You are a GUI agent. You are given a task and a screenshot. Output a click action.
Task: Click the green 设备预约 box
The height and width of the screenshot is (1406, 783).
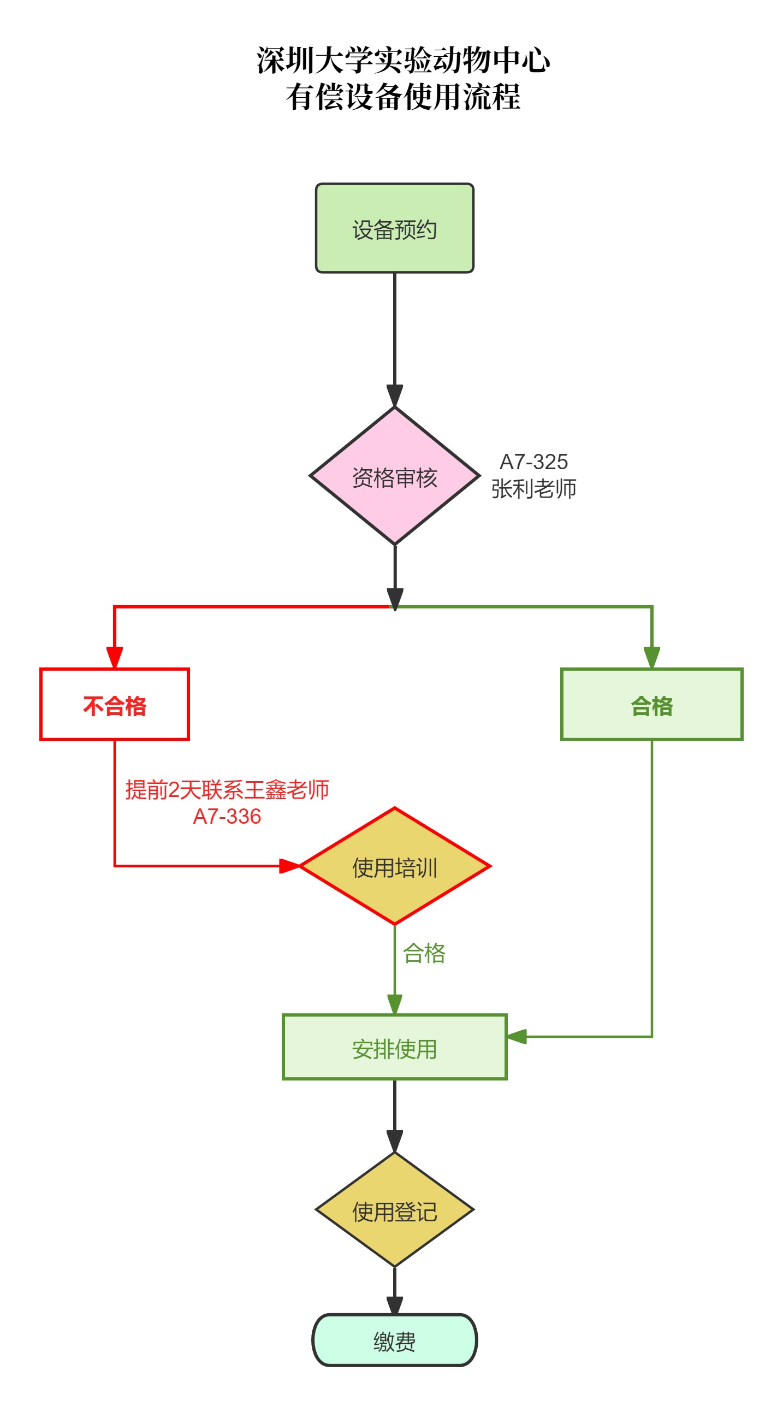coord(394,228)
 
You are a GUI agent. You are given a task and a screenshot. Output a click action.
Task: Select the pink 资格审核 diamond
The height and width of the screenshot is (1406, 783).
coord(394,476)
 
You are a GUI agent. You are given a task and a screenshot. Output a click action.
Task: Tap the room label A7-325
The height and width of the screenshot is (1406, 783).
coord(533,462)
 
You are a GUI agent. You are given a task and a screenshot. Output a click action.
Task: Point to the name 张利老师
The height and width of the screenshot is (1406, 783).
coord(533,489)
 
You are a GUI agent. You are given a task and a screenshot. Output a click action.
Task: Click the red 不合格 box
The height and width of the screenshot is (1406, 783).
coord(115,705)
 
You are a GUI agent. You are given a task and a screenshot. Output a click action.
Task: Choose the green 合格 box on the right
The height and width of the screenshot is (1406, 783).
coord(651,705)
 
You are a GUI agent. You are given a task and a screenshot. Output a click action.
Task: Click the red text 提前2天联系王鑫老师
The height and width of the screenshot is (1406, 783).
coord(227,790)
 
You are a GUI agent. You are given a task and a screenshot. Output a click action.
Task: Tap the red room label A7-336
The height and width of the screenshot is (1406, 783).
coord(227,817)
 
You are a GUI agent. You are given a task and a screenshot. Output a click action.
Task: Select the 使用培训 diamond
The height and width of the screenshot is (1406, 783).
coord(394,867)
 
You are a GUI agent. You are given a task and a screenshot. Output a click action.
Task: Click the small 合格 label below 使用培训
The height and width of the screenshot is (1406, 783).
coord(424,954)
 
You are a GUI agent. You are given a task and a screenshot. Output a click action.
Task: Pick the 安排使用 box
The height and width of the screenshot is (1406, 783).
coord(394,1048)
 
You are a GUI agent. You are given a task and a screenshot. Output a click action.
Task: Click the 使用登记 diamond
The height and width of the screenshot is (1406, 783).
coord(394,1211)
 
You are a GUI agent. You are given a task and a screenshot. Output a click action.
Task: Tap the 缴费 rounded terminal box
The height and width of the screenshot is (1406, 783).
coord(394,1341)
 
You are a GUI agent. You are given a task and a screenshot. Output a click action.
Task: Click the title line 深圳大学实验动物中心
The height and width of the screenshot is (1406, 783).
coord(403,60)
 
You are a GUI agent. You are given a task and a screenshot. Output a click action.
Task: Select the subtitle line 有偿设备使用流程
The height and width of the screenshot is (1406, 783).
coord(403,97)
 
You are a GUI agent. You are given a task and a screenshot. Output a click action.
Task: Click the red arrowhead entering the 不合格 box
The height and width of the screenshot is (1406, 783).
coord(115,658)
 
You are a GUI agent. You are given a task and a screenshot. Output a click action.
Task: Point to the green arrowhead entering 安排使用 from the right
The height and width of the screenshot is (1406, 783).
coord(517,1036)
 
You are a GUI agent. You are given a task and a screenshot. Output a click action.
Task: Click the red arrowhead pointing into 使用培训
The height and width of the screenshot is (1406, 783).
coord(289,866)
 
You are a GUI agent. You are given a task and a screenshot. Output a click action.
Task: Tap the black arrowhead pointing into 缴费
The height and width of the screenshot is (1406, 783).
coord(394,1304)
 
